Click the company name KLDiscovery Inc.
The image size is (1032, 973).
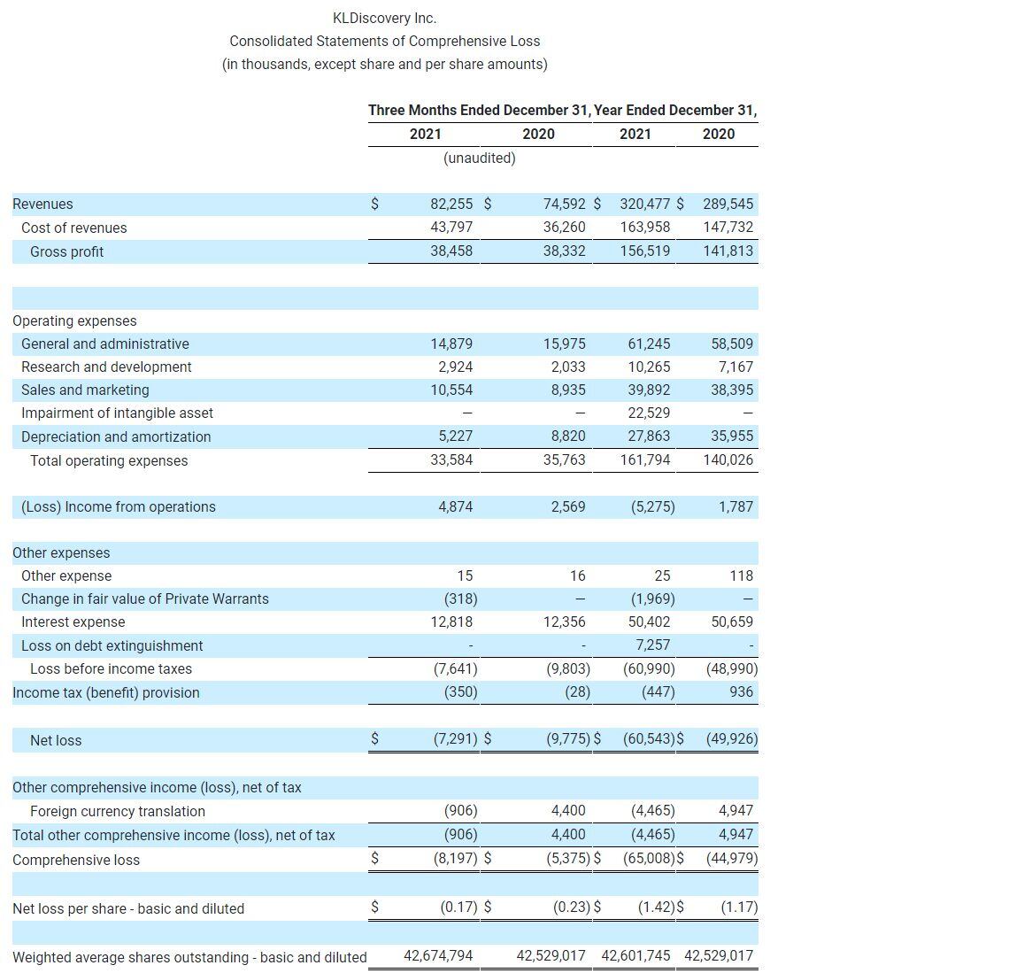click(x=384, y=18)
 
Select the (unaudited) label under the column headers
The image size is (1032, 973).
click(x=479, y=158)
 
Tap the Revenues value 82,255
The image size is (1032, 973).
click(x=451, y=204)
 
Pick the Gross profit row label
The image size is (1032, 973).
click(x=66, y=251)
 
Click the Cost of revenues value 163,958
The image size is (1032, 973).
click(x=645, y=227)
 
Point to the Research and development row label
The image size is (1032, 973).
click(x=106, y=367)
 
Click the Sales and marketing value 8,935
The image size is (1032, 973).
click(x=564, y=390)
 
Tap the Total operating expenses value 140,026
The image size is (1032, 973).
click(x=728, y=459)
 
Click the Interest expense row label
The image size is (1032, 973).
click(x=73, y=622)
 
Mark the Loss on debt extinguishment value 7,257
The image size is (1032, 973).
click(x=653, y=645)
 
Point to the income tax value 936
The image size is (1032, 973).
click(x=742, y=691)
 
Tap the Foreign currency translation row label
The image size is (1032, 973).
click(x=117, y=811)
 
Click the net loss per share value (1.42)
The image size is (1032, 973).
click(x=656, y=907)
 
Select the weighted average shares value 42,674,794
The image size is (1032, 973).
click(x=438, y=955)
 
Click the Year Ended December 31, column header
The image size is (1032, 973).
click(x=675, y=110)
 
